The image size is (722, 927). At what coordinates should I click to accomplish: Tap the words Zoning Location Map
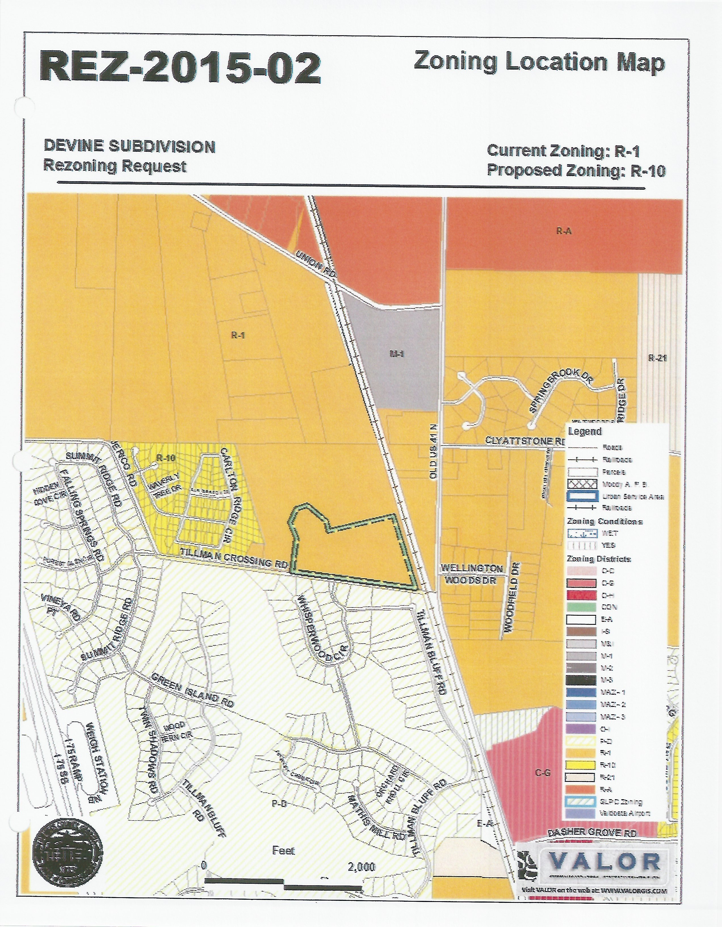pyautogui.click(x=538, y=62)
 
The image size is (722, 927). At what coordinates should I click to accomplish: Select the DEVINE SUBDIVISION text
pyautogui.click(x=129, y=147)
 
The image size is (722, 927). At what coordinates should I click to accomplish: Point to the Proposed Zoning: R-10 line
pyautogui.click(x=576, y=170)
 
